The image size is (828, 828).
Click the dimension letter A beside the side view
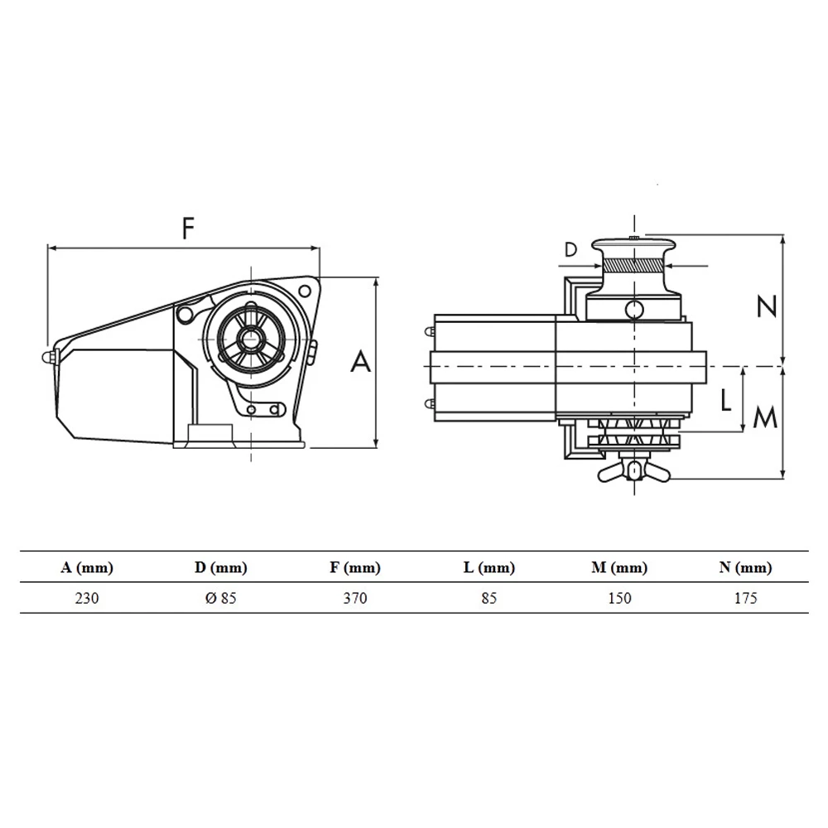pyautogui.click(x=361, y=362)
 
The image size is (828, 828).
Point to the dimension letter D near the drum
pyautogui.click(x=570, y=249)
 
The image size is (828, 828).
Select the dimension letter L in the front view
pyautogui.click(x=725, y=401)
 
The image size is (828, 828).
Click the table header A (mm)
pyautogui.click(x=87, y=568)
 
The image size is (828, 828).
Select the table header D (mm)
pyautogui.click(x=220, y=568)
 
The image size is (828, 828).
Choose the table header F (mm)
pyautogui.click(x=354, y=568)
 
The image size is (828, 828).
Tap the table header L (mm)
pyautogui.click(x=489, y=568)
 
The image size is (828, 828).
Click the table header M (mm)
pyautogui.click(x=619, y=568)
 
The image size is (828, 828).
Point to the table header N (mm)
pyautogui.click(x=745, y=568)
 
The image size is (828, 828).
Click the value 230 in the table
pyautogui.click(x=87, y=598)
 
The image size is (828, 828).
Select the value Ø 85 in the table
pyautogui.click(x=220, y=598)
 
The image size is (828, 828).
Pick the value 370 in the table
pyautogui.click(x=354, y=598)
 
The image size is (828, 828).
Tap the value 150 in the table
pyautogui.click(x=619, y=598)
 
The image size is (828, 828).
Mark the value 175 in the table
pyautogui.click(x=745, y=598)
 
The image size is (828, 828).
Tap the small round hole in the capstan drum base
pyautogui.click(x=633, y=310)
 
